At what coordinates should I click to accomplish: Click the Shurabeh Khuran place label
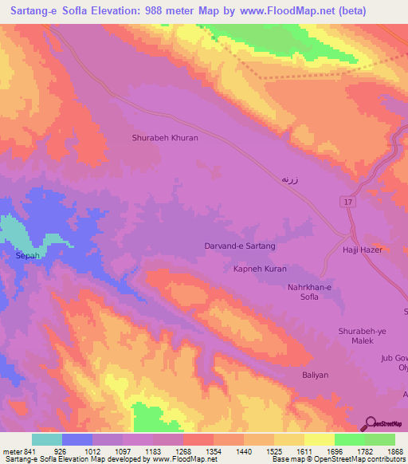pyautogui.click(x=164, y=138)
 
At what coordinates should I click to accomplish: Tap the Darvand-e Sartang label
pyautogui.click(x=240, y=246)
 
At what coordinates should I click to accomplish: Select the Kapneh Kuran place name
pyautogui.click(x=259, y=269)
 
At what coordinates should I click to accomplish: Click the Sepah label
pyautogui.click(x=27, y=257)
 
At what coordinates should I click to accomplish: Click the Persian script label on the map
pyautogui.click(x=289, y=180)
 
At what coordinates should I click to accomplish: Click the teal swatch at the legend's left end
pyautogui.click(x=47, y=439)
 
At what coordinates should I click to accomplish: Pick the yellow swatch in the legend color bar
pyautogui.click(x=320, y=439)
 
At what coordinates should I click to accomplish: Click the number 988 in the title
pyautogui.click(x=176, y=11)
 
